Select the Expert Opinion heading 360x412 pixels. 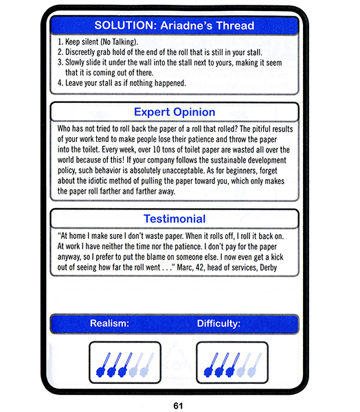175,112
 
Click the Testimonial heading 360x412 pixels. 175,219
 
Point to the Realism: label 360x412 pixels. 110,323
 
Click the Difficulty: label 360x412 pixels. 218,323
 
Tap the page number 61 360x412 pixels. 179,406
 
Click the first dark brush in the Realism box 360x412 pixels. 103,365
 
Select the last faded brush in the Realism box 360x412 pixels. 146,365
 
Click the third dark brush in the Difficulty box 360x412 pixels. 233,365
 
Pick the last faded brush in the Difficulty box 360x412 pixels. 255,365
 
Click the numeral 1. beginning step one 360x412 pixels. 60,42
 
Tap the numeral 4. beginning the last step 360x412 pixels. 60,83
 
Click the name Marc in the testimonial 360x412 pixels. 185,268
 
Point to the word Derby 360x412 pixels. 269,268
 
